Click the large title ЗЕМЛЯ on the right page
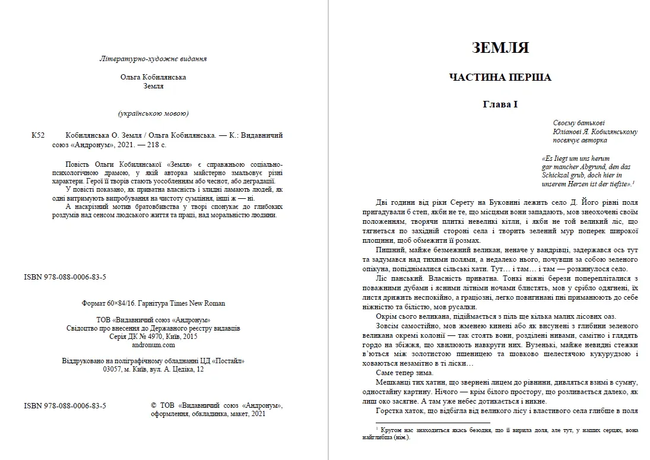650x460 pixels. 500,48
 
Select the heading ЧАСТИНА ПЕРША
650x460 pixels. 500,77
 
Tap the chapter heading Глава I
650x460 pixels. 500,104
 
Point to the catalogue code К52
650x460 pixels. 38,135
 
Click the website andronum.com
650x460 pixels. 153,344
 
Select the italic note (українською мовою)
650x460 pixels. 153,113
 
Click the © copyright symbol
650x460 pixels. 154,406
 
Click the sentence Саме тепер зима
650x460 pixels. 404,373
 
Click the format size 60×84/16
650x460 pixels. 121,303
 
